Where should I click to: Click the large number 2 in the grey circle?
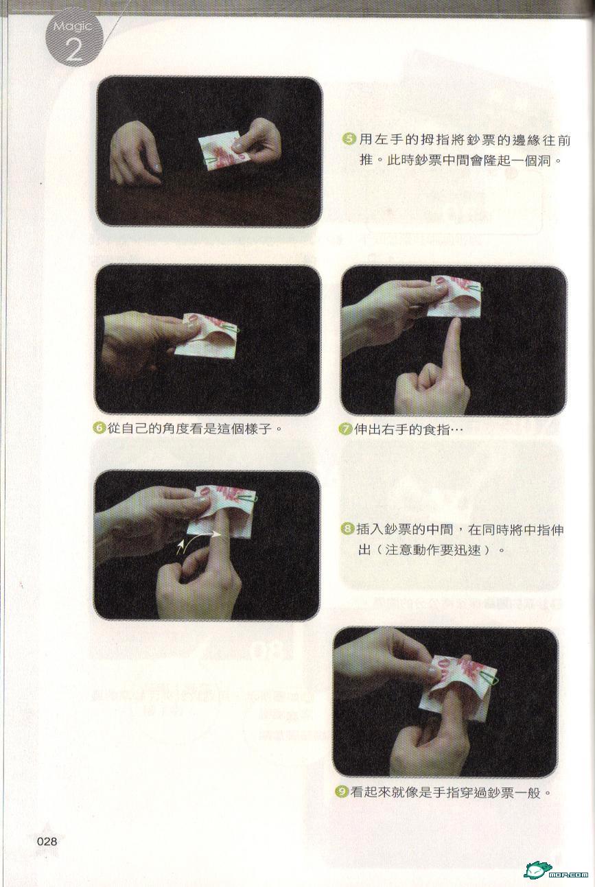point(73,50)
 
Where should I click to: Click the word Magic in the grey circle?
point(73,27)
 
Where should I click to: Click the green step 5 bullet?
point(348,139)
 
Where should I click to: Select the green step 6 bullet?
point(99,428)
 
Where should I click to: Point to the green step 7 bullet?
point(345,429)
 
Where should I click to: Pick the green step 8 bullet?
point(347,529)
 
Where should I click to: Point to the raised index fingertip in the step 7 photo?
point(456,322)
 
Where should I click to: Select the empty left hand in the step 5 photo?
point(136,153)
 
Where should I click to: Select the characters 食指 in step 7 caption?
point(438,429)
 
